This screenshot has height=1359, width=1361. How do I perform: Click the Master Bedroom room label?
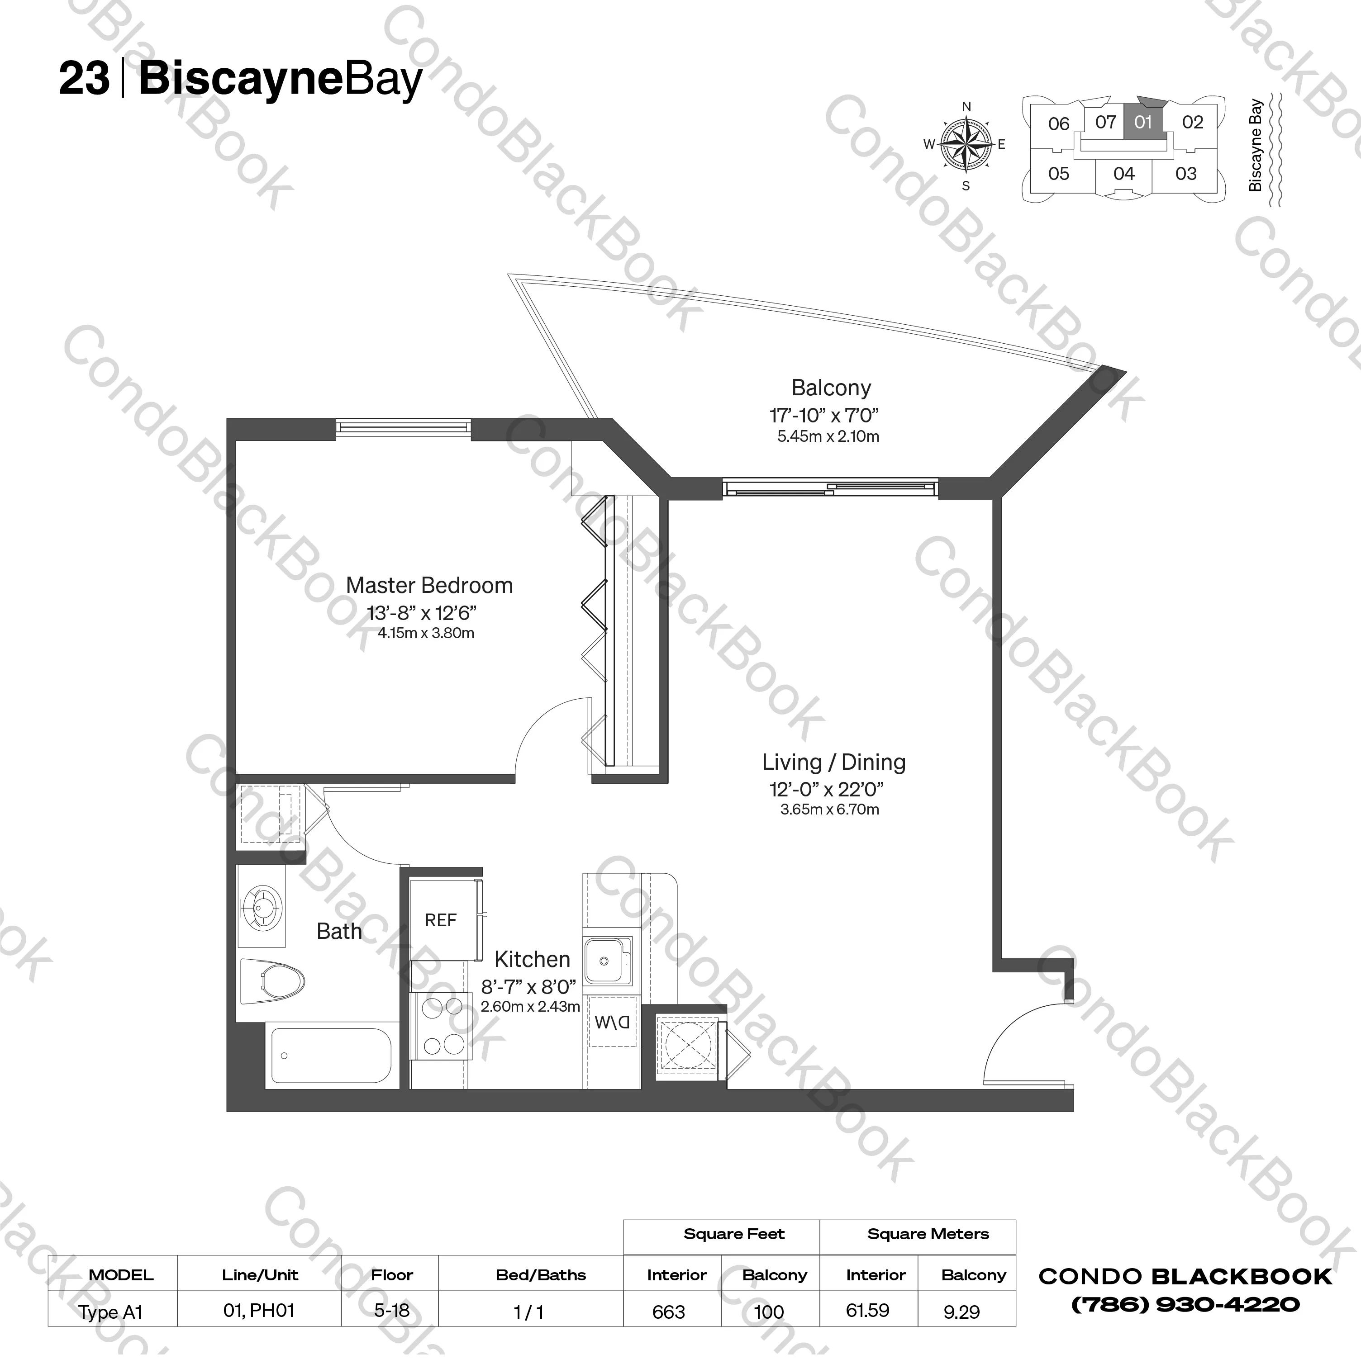(429, 585)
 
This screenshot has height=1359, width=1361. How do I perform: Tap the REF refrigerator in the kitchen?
(441, 919)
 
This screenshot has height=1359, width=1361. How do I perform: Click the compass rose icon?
(966, 145)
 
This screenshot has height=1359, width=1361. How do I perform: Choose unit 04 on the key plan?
(1123, 173)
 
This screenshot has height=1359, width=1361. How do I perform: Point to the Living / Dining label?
(833, 762)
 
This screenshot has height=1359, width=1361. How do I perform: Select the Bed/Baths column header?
(540, 1274)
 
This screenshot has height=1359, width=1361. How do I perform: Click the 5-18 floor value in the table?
(392, 1311)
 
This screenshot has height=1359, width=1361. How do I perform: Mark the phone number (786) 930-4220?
(1185, 1305)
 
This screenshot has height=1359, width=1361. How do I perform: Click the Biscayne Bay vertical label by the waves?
(1255, 145)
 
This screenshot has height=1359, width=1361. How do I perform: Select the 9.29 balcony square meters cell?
(961, 1312)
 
